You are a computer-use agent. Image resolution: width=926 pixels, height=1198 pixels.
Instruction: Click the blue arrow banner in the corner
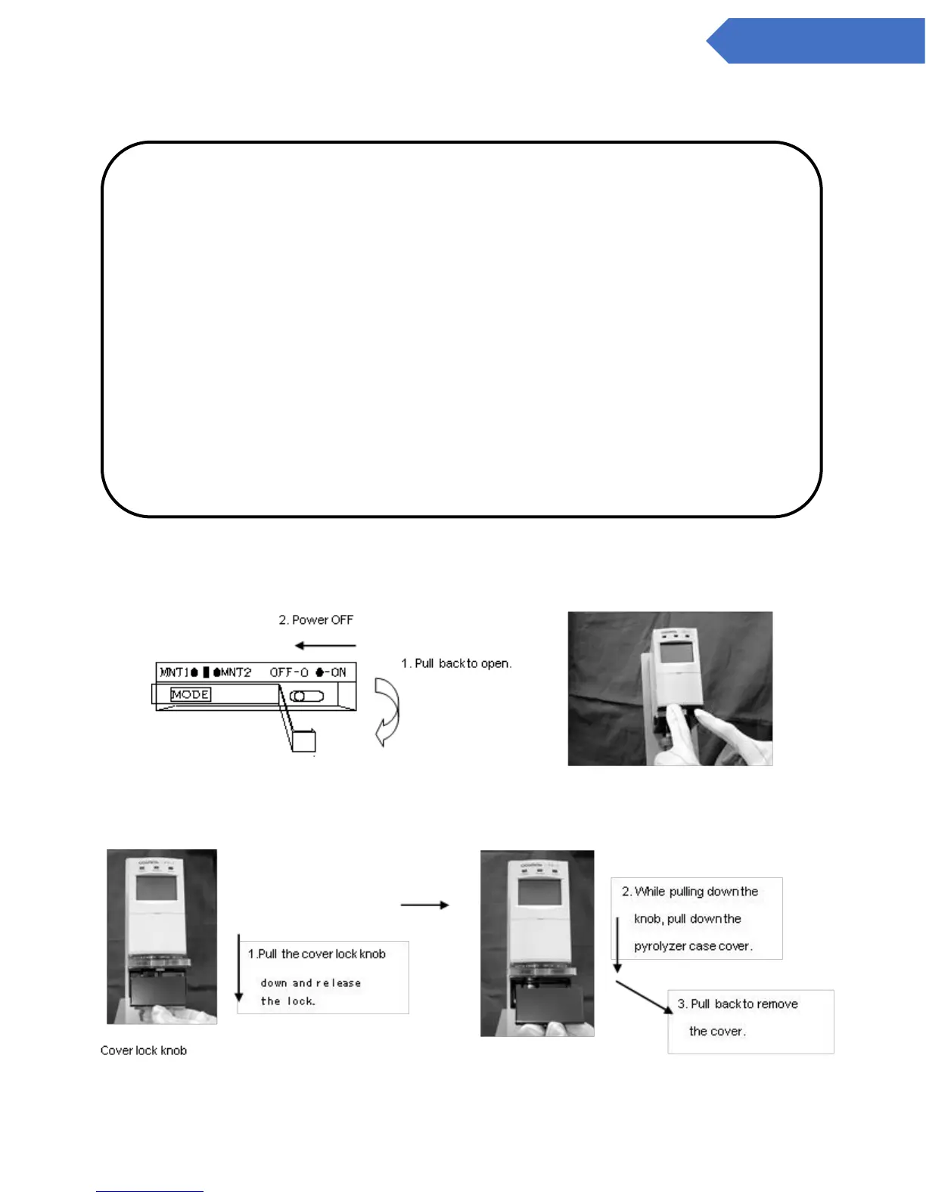tap(817, 41)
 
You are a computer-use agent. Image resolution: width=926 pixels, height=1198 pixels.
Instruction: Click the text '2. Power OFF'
tap(315, 620)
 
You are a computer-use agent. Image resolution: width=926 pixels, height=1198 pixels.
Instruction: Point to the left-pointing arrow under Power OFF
tap(325, 646)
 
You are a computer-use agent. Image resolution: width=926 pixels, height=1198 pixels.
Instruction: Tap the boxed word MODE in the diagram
tap(190, 694)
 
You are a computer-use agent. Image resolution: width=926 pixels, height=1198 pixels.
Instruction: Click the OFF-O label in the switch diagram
tap(288, 672)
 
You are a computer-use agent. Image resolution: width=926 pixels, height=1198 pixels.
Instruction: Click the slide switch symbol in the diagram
tap(306, 696)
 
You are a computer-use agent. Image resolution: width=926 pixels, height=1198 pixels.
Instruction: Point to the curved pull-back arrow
tap(387, 711)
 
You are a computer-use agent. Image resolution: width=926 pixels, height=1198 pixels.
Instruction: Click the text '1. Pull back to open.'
tap(456, 663)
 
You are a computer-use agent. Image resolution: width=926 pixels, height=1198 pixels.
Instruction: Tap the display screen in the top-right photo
tap(675, 653)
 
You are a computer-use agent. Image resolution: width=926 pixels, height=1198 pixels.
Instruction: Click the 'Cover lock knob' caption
tap(144, 1051)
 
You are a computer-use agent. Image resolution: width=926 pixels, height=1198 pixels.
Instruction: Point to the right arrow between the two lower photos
tap(424, 905)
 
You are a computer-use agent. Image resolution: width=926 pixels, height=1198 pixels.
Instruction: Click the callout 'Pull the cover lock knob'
tap(322, 954)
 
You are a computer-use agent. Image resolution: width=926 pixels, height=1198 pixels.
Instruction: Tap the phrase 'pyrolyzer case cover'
tap(693, 946)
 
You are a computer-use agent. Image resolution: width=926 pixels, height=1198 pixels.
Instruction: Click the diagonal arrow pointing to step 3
tap(644, 997)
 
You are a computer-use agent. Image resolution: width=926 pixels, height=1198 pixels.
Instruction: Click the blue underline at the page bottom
tap(150, 1191)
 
